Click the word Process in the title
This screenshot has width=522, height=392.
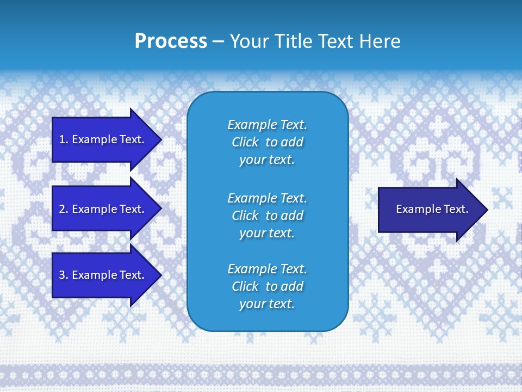(x=171, y=41)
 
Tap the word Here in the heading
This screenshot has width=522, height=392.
(x=380, y=41)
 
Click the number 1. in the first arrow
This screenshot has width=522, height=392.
(x=63, y=139)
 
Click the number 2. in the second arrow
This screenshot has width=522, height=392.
(x=63, y=209)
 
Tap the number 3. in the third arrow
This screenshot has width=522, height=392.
(x=63, y=275)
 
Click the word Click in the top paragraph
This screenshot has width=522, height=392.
(x=245, y=142)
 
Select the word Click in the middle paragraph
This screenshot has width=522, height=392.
(x=245, y=216)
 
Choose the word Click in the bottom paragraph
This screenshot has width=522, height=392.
(x=245, y=286)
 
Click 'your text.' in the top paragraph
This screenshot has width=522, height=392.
(x=267, y=160)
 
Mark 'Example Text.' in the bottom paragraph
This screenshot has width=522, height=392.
(x=267, y=269)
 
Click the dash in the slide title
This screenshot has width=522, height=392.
(x=218, y=41)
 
